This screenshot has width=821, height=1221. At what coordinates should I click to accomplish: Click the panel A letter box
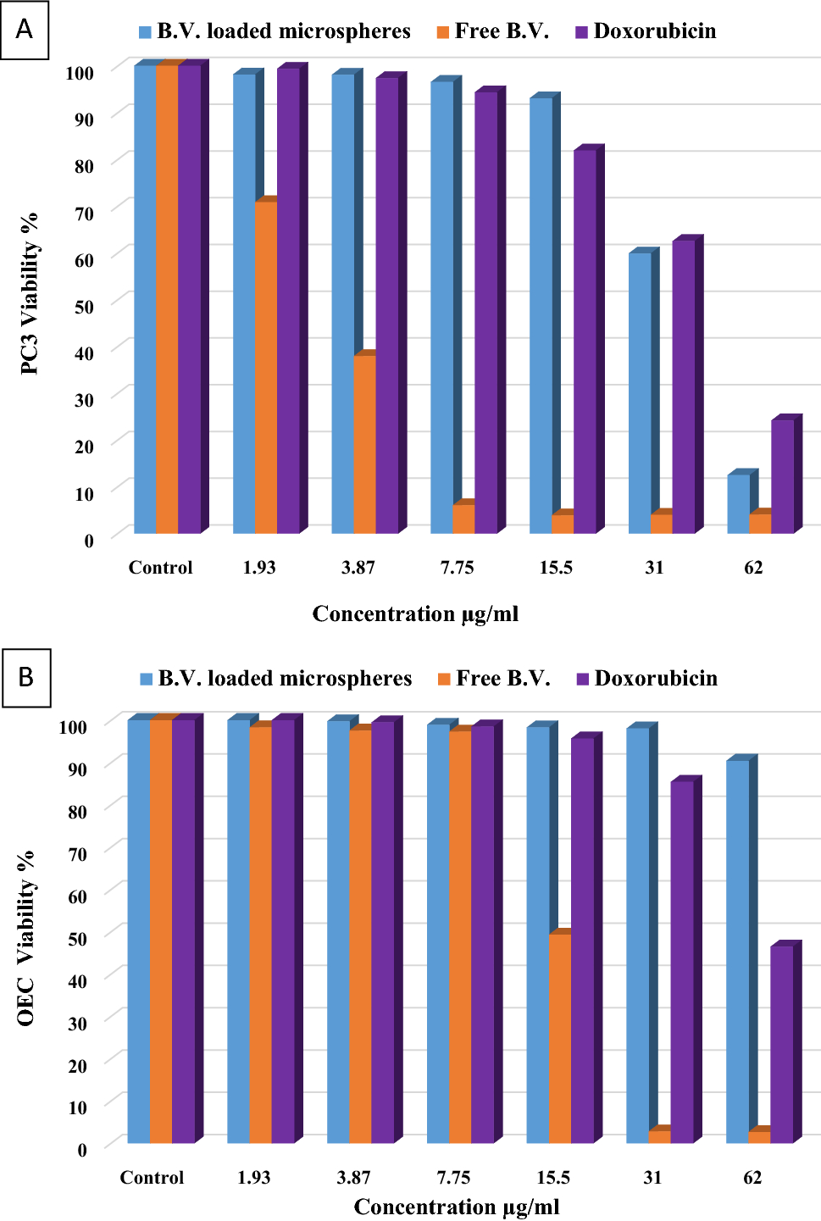(25, 30)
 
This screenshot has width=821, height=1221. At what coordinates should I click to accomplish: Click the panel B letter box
(26, 677)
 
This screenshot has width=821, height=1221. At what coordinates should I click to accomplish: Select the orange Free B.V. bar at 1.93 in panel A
(265, 367)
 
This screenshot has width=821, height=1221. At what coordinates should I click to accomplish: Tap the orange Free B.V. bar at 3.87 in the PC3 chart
(364, 443)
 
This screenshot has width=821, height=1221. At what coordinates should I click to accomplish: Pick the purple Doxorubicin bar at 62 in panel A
(782, 476)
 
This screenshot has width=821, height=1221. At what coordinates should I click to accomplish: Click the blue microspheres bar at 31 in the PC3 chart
(640, 392)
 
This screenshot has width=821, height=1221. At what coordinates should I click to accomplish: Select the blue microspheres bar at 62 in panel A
(738, 503)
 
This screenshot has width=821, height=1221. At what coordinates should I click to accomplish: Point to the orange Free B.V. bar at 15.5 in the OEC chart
(559, 1038)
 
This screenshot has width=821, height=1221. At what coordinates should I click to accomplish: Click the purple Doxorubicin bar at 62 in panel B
(781, 1044)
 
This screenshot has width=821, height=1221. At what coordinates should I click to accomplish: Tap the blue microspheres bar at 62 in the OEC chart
(737, 951)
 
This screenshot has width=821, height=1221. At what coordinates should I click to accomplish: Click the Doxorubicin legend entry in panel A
(646, 31)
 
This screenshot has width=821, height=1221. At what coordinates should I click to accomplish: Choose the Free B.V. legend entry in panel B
(494, 679)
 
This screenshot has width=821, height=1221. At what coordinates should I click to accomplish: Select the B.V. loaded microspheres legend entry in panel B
(275, 679)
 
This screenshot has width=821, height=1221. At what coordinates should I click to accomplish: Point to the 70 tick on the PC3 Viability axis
(84, 213)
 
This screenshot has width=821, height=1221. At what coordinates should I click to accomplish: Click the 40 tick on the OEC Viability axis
(77, 980)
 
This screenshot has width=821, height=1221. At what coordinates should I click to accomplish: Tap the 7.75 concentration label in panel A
(457, 567)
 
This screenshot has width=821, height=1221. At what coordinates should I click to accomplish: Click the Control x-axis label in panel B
(152, 1177)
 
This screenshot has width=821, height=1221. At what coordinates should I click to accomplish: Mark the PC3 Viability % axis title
(30, 293)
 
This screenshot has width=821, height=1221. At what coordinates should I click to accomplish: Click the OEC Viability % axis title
(26, 937)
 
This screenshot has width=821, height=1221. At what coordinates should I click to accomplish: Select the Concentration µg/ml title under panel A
(415, 613)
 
